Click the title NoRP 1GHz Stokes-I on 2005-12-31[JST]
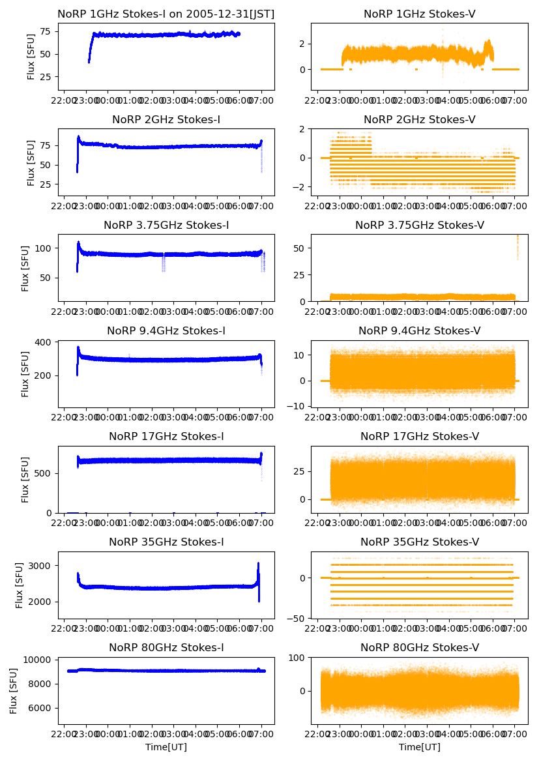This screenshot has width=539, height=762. (166, 14)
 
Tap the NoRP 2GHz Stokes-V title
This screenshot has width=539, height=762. (419, 119)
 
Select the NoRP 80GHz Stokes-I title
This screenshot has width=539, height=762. (166, 647)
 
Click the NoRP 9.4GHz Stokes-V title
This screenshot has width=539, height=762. (419, 330)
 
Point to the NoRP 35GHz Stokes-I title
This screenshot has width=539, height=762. (166, 542)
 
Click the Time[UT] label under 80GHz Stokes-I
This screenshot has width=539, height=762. (166, 747)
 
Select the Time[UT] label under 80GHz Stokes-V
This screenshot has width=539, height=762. (419, 747)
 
